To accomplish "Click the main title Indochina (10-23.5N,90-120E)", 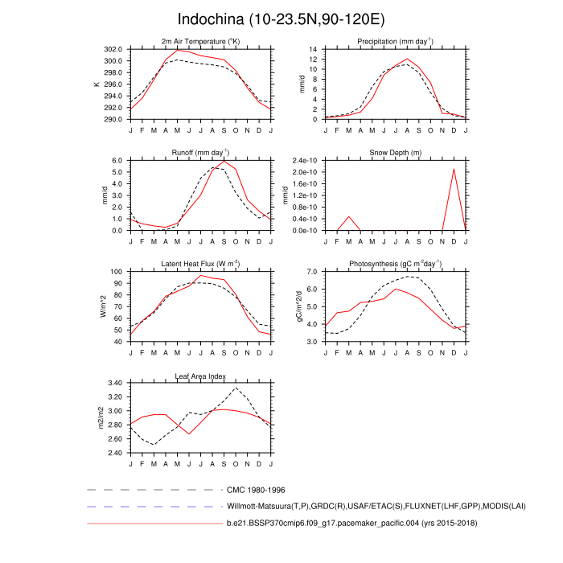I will pyautogui.click(x=281, y=19).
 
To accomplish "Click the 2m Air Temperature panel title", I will pyautogui.click(x=200, y=41).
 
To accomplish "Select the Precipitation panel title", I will pyautogui.click(x=395, y=41).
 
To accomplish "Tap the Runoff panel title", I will pyautogui.click(x=200, y=152).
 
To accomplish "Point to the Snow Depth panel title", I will pyautogui.click(x=395, y=153).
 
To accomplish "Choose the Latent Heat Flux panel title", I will pyautogui.click(x=200, y=264).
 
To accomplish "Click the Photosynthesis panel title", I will pyautogui.click(x=395, y=264).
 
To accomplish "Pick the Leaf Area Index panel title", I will pyautogui.click(x=200, y=376).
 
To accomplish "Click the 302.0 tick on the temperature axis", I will pyautogui.click(x=112, y=49).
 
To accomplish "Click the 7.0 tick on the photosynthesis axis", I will pyautogui.click(x=311, y=272).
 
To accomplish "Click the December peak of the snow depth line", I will pyautogui.click(x=454, y=168).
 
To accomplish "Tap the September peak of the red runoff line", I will pyautogui.click(x=224, y=161).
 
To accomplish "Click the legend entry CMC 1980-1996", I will pyautogui.click(x=256, y=489).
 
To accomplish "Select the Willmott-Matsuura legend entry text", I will pyautogui.click(x=347, y=507).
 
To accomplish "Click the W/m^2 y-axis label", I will pyautogui.click(x=102, y=306).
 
